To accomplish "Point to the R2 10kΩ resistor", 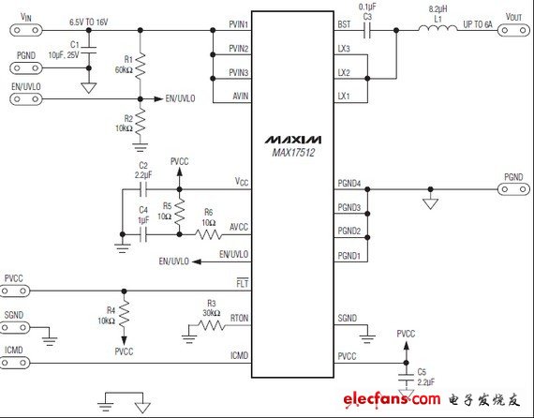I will point(140,121).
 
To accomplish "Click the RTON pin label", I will point(241,319).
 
